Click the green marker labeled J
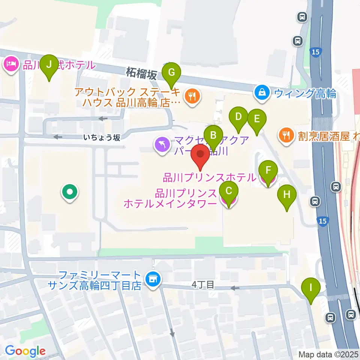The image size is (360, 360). (x=49, y=64)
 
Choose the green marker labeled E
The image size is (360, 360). (x=257, y=119)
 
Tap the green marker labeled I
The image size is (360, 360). (x=310, y=288)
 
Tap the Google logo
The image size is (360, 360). (x=25, y=351)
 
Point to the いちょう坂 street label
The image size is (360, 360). (x=102, y=138)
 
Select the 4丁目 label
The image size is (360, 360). (x=203, y=285)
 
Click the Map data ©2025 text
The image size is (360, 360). (x=328, y=354)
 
